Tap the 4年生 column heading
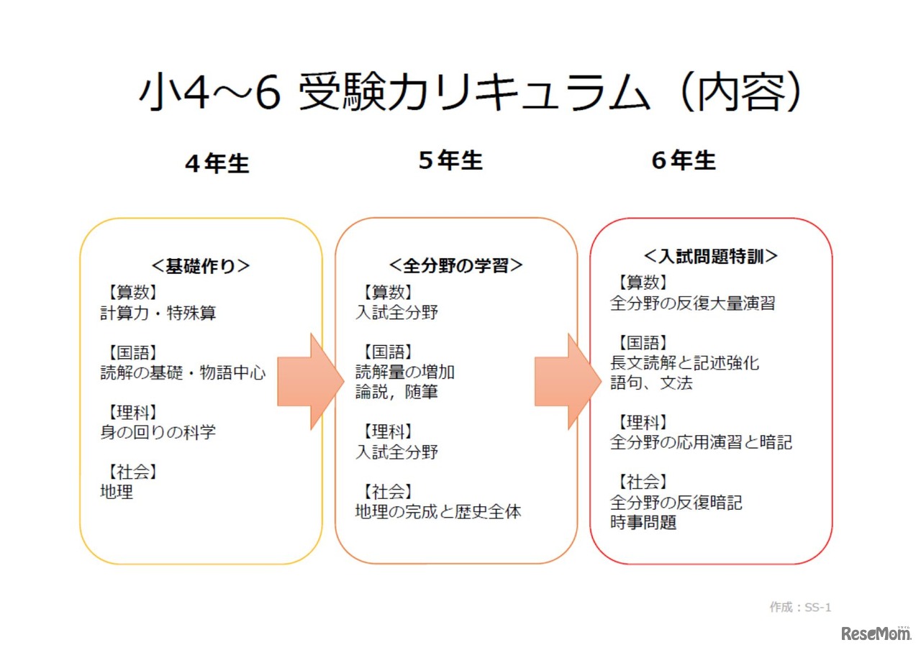click(217, 163)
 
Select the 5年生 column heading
click(450, 161)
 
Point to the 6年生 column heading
click(684, 161)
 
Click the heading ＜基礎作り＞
click(201, 266)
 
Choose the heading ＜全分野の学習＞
click(456, 265)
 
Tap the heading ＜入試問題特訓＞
click(711, 256)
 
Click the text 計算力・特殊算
click(158, 313)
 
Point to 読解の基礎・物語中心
click(183, 373)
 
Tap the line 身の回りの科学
click(158, 433)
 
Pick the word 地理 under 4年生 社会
click(117, 493)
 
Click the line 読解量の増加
click(405, 372)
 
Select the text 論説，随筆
click(396, 393)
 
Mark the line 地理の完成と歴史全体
click(438, 512)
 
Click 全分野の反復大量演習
click(692, 303)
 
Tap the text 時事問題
click(643, 523)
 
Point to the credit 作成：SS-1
click(800, 608)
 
